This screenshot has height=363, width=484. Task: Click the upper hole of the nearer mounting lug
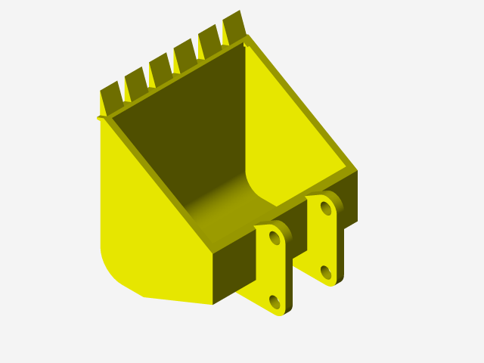[x=275, y=239]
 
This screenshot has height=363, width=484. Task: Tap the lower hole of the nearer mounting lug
[x=275, y=302]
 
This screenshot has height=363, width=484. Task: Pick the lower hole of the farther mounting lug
[x=326, y=271]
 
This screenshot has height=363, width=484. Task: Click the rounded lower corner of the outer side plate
[x=113, y=268]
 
